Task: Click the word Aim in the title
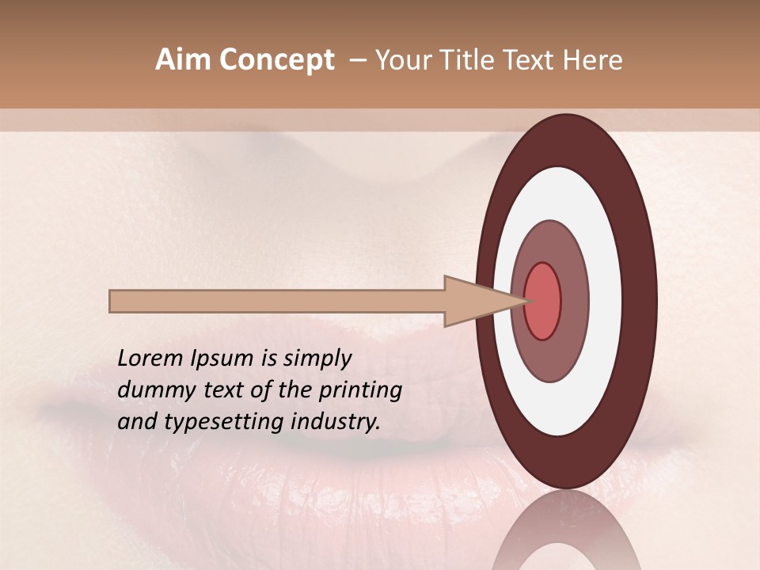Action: coord(181,60)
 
